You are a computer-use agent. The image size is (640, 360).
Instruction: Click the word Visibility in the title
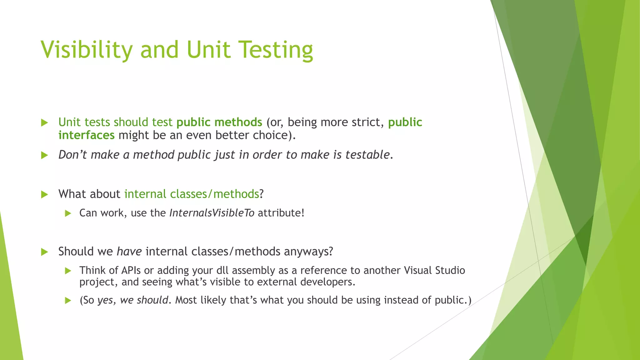[x=87, y=50]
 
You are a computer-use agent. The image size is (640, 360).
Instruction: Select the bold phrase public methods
[x=219, y=122]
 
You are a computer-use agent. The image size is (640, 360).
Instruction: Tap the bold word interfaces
[x=86, y=135]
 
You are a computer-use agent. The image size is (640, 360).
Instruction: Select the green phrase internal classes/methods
[x=192, y=194]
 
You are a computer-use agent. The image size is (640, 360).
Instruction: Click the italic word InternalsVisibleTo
[x=212, y=213]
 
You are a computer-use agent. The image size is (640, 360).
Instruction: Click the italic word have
[x=129, y=252]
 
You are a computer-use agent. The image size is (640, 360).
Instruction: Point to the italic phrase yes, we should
[x=133, y=300]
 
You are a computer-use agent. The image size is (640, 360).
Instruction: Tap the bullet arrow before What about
[x=45, y=195]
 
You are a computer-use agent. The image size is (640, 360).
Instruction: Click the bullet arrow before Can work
[x=68, y=214]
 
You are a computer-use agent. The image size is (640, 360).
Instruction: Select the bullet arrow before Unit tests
[x=45, y=123]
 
